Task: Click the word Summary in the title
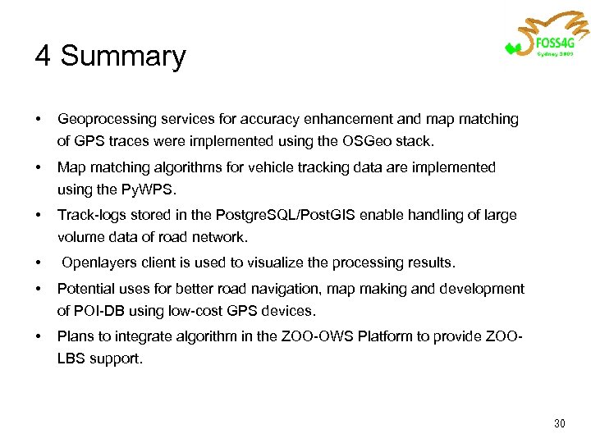pyautogui.click(x=123, y=57)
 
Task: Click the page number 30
pyautogui.click(x=560, y=423)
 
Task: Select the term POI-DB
pyautogui.click(x=102, y=311)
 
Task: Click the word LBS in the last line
pyautogui.click(x=72, y=359)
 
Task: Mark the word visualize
pyautogui.click(x=280, y=263)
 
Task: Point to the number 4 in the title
pyautogui.click(x=44, y=57)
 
